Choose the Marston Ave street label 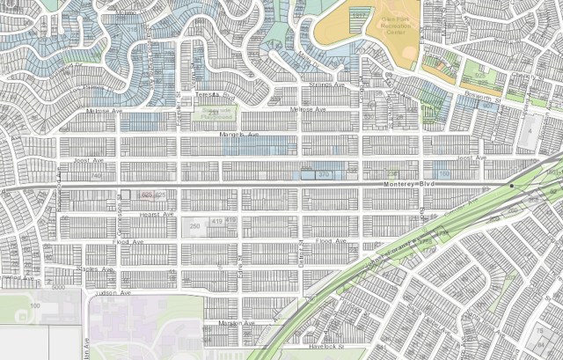[235, 324]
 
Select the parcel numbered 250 [194, 227]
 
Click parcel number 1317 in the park [358, 15]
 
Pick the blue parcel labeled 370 [324, 175]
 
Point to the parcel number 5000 [59, 287]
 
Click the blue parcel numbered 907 [485, 104]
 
